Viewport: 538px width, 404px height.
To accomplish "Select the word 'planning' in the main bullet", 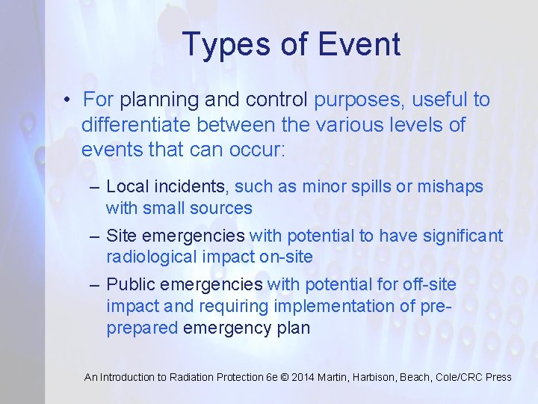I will tap(152, 100).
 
